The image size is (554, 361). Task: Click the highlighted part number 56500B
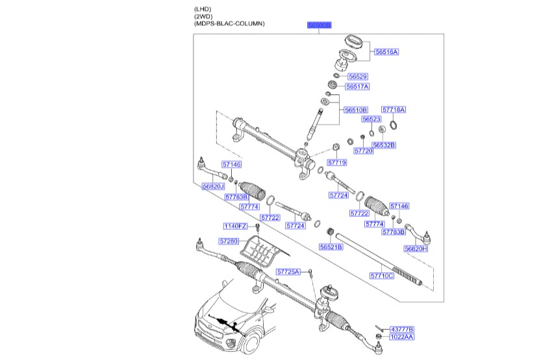[320, 25]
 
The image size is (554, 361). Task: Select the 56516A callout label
[386, 51]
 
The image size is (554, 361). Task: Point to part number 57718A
[393, 110]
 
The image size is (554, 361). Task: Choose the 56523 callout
[371, 119]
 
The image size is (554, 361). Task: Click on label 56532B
[384, 145]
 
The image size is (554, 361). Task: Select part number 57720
[364, 151]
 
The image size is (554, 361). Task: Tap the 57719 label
[337, 162]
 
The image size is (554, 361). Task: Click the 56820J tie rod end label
[213, 186]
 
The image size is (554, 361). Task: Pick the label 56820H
[416, 249]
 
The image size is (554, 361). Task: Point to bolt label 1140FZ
[236, 226]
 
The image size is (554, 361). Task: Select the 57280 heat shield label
[229, 241]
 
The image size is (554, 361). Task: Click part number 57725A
[288, 271]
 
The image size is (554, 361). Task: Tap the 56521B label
[331, 247]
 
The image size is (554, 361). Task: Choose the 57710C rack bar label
[382, 275]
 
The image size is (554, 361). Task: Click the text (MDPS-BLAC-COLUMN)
[229, 23]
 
